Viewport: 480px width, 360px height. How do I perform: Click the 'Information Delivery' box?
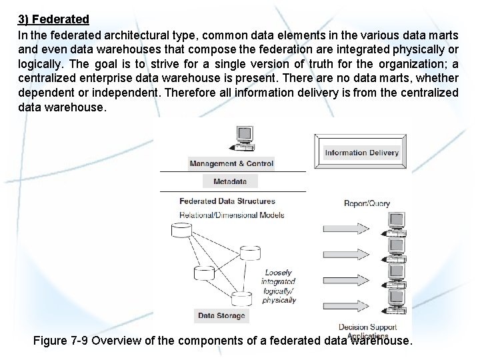(361, 153)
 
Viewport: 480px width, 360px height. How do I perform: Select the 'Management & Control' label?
(231, 163)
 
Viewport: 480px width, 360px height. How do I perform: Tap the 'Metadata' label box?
(230, 181)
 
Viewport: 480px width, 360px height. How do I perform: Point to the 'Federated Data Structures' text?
(227, 201)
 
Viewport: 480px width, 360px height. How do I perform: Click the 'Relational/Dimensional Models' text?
(232, 215)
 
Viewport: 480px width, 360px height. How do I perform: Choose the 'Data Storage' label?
(221, 315)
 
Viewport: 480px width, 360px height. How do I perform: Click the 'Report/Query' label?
(367, 203)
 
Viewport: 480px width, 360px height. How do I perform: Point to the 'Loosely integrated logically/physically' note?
(278, 286)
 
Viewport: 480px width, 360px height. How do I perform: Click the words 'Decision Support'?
(367, 327)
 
